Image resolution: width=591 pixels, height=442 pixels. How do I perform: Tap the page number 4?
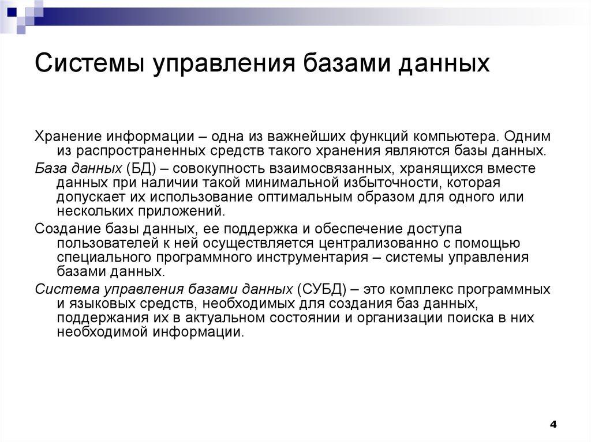[553, 425]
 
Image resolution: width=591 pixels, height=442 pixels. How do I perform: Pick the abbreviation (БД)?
[134, 168]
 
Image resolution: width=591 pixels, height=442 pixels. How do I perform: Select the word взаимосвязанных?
[336, 168]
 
